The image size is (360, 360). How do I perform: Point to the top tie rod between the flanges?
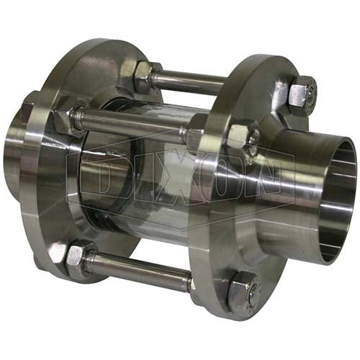click(x=189, y=79)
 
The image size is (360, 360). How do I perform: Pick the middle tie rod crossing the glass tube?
click(x=137, y=124)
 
